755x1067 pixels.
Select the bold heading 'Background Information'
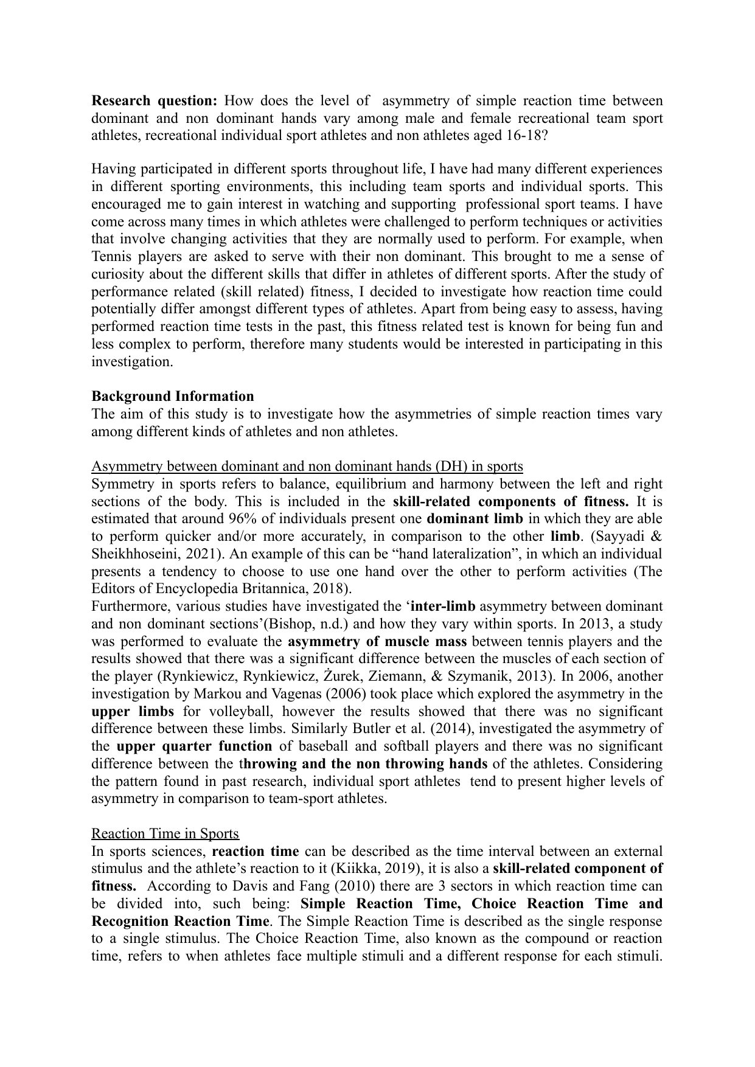click(x=173, y=396)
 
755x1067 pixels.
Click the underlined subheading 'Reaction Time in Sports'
click(x=165, y=833)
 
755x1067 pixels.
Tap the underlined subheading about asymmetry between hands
click(x=307, y=467)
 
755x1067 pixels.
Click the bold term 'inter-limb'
click(x=444, y=606)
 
